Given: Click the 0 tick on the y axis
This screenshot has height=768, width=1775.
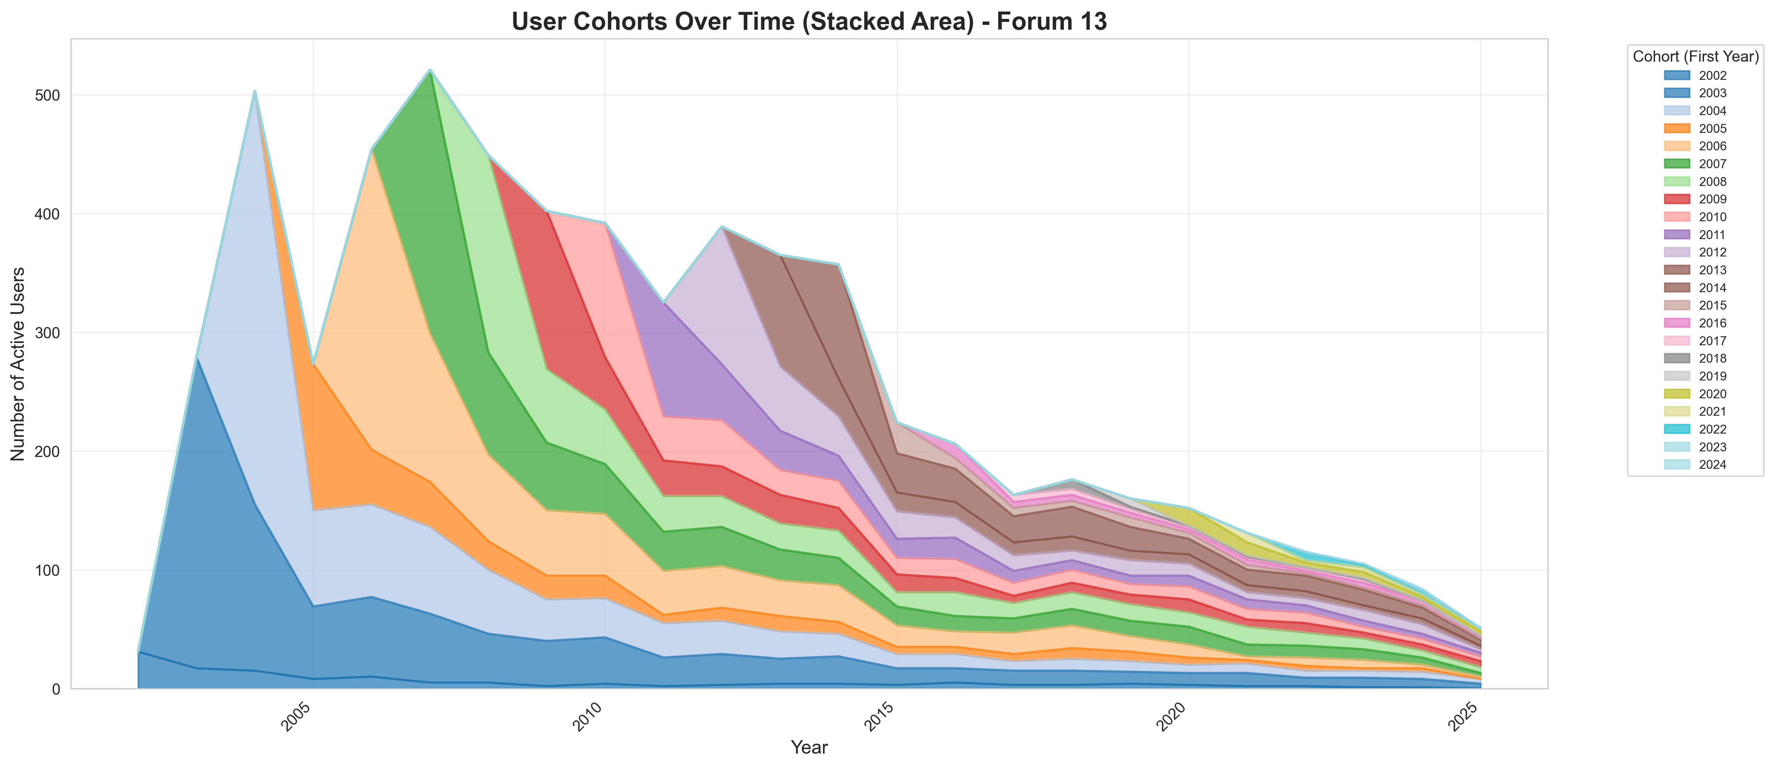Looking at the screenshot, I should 56,689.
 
